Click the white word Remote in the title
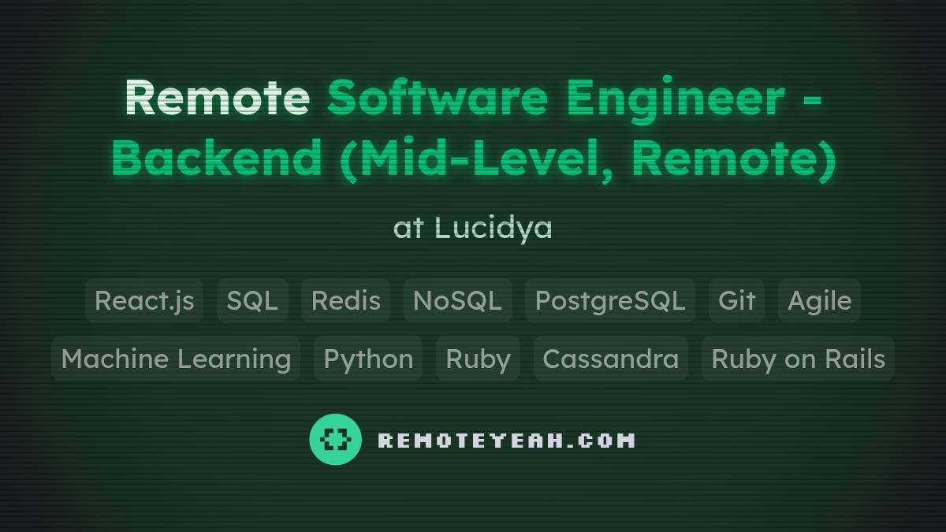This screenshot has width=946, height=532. coord(217,98)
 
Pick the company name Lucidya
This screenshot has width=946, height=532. coord(493,228)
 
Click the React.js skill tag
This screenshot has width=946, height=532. coord(144,300)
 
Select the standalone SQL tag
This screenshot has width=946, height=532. coord(252,300)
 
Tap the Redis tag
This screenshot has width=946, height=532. coord(345,300)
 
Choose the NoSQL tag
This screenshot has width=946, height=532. coord(457,300)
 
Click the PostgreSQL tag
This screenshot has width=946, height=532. coord(609,300)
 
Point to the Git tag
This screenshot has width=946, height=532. coord(736,300)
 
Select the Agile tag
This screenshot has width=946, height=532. coord(819,300)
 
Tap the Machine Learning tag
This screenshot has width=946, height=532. coord(176,359)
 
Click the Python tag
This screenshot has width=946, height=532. coord(368,359)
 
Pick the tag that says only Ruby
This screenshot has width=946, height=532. coord(478,359)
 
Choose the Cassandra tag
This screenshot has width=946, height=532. coord(610,359)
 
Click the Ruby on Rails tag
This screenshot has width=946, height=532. coord(798,359)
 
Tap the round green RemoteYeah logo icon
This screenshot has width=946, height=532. coord(336,439)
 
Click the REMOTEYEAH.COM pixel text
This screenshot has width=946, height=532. coord(506,440)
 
